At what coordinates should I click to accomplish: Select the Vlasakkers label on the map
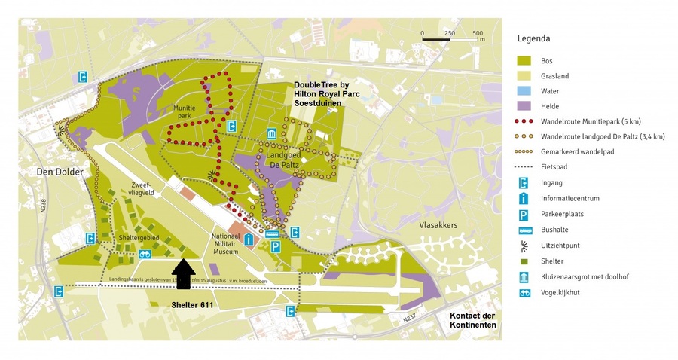pyautogui.click(x=438, y=224)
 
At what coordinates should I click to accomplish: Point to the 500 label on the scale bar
pyautogui.click(x=478, y=34)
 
